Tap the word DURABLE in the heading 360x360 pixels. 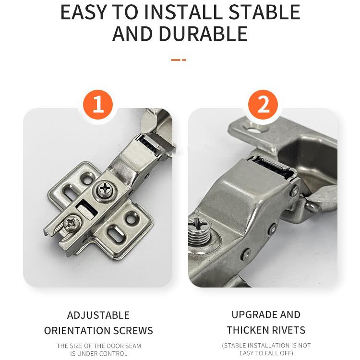point(203,34)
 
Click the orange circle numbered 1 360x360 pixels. point(98,105)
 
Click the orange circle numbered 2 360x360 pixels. point(263,105)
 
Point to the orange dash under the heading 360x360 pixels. point(179,60)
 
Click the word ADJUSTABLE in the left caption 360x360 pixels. point(98,315)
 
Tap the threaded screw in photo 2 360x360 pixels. point(198,232)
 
